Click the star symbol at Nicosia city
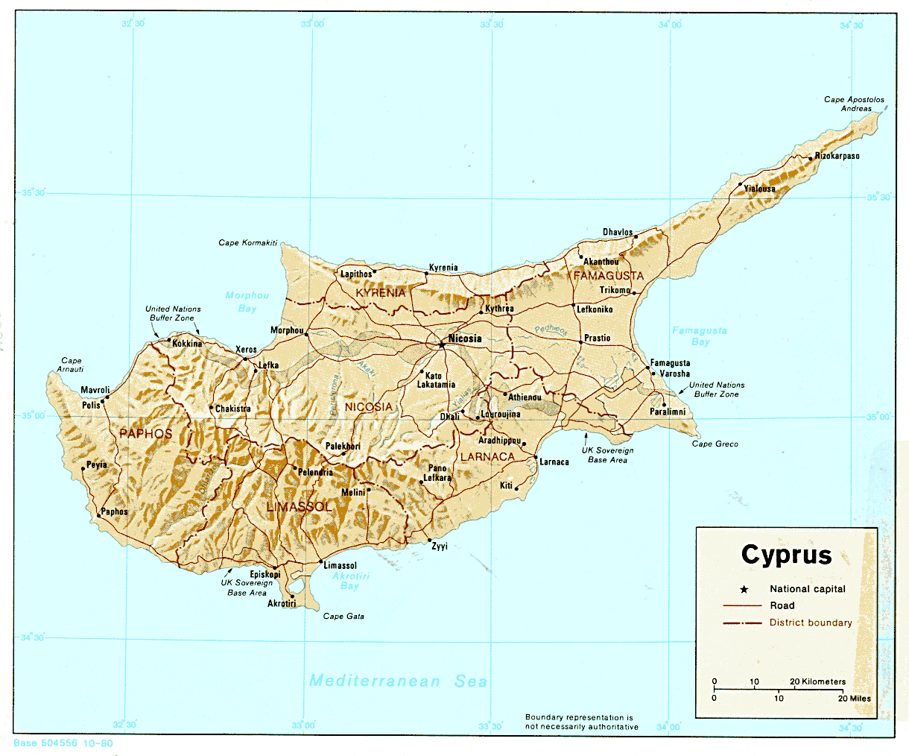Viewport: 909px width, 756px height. [442, 344]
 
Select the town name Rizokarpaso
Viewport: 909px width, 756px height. [837, 157]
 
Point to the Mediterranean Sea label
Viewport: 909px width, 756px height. [399, 681]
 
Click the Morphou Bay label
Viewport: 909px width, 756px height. [247, 302]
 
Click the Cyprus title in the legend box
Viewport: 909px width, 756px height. [786, 555]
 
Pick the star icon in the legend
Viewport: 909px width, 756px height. [744, 589]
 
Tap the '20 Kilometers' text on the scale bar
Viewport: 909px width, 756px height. [817, 681]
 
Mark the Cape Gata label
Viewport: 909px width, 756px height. [343, 617]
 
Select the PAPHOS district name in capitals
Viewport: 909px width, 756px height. [146, 434]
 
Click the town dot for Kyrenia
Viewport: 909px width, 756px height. [426, 274]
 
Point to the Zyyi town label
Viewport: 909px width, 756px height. [440, 546]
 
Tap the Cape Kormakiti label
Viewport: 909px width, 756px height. [247, 243]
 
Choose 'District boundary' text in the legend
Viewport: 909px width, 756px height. [811, 623]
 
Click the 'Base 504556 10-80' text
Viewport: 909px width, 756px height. [63, 743]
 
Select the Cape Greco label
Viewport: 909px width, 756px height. [715, 444]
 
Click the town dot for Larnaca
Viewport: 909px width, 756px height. [536, 458]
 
